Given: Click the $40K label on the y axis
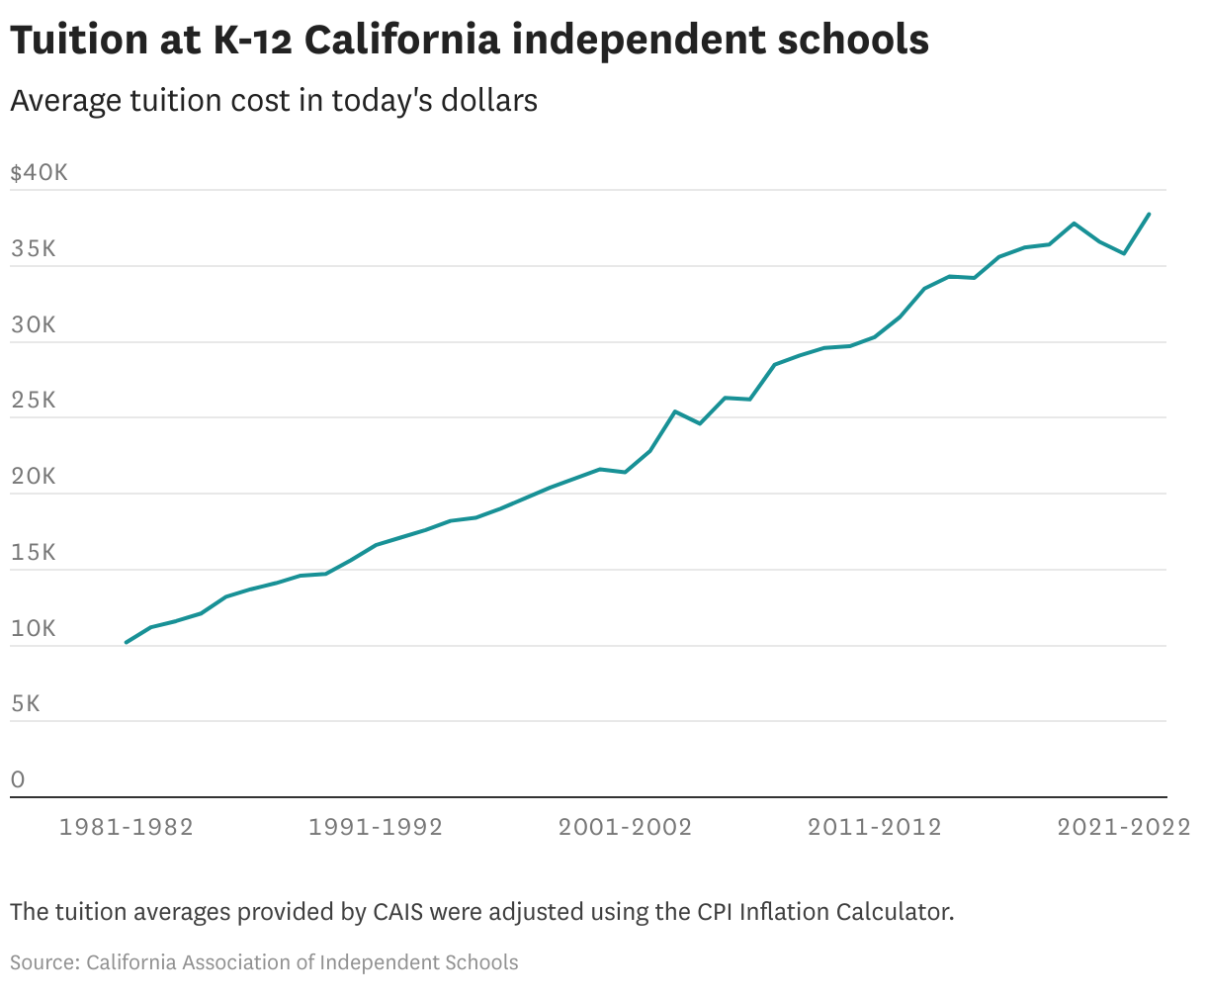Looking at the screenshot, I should (39, 173).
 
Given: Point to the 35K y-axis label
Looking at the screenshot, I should (34, 249).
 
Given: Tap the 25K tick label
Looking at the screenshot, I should (34, 401).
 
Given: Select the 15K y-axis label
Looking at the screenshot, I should (34, 553).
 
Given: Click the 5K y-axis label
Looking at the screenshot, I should (26, 704).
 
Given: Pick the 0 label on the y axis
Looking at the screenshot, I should (18, 780).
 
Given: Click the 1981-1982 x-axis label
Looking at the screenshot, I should (127, 827).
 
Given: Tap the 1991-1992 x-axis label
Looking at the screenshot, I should (376, 827).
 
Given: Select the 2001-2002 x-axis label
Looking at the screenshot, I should (626, 827).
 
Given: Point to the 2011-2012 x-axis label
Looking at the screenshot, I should (875, 827).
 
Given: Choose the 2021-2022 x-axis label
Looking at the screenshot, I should (1124, 827).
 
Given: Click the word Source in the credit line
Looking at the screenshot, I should (43, 962).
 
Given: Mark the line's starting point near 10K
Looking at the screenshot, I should (127, 642).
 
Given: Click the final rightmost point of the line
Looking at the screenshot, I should (1149, 215).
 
